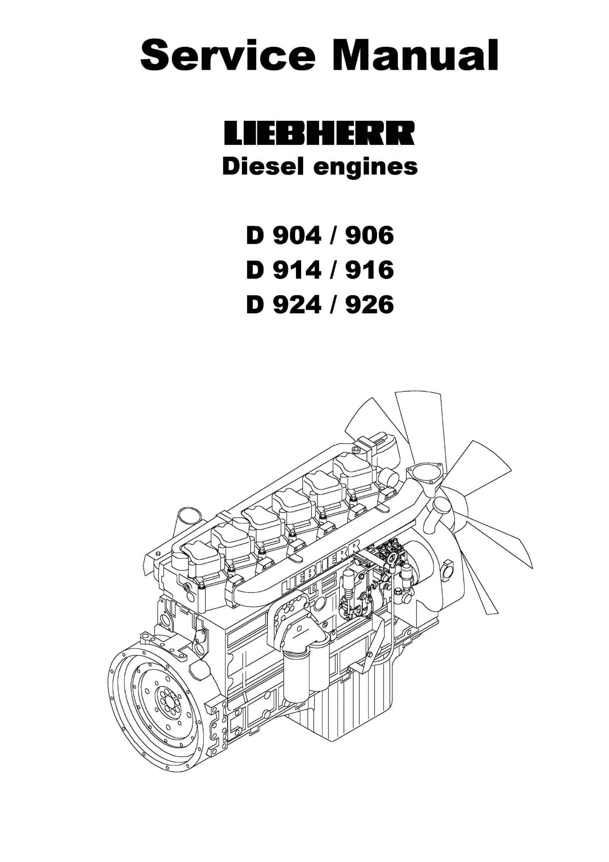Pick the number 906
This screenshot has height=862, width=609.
click(x=369, y=234)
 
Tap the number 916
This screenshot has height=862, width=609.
click(x=369, y=269)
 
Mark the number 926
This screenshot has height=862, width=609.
click(x=369, y=304)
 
